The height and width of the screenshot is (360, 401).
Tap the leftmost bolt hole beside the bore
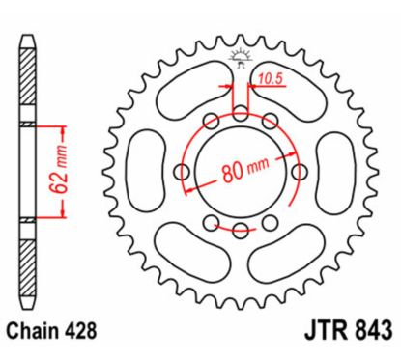(183, 172)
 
